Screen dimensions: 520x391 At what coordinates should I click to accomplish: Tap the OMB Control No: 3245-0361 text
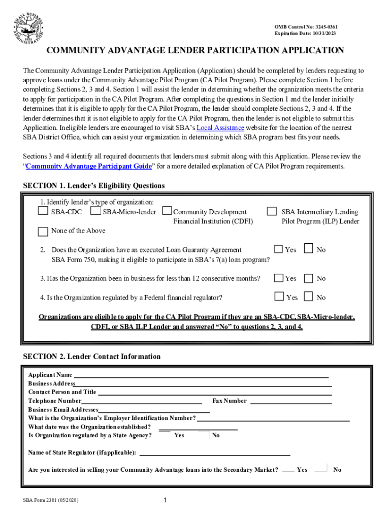[306, 26]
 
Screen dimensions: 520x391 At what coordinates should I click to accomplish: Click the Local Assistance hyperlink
[220, 128]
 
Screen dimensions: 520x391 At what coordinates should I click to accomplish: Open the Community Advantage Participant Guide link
[88, 166]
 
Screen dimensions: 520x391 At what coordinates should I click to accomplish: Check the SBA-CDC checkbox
[43, 211]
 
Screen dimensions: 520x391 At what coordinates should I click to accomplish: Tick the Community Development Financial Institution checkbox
[167, 211]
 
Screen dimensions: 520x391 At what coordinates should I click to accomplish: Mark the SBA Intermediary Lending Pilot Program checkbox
[272, 211]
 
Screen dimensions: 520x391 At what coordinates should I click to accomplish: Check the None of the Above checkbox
[43, 231]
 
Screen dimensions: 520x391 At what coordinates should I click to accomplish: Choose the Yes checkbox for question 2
[278, 249]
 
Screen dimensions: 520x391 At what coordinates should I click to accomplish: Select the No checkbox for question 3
[308, 278]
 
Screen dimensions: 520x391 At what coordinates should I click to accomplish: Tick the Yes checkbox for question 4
[279, 297]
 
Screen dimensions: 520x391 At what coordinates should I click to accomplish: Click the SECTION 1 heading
[94, 186]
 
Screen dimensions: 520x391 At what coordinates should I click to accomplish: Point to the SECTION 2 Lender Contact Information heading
[92, 356]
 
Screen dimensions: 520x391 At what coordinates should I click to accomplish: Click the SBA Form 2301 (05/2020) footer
[51, 500]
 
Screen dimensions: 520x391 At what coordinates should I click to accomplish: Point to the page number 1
[165, 500]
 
